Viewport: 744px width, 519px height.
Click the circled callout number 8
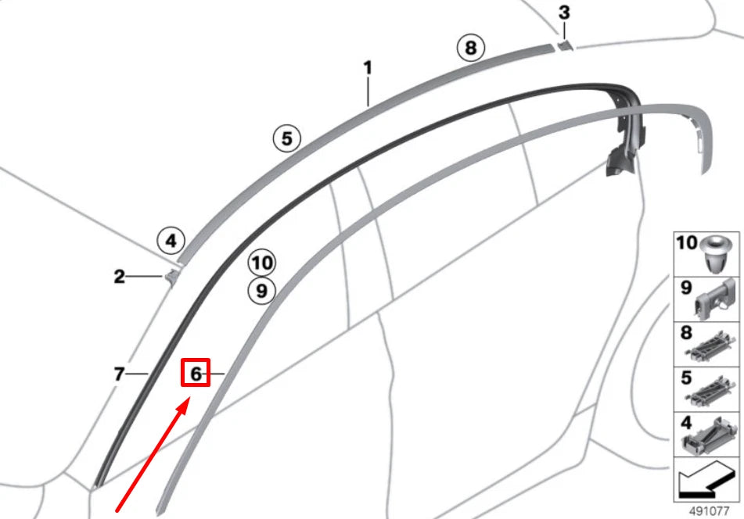coord(469,48)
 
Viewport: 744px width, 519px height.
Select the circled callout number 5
coord(286,139)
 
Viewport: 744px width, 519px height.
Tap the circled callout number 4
coord(171,240)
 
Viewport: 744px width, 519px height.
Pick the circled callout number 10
coord(262,262)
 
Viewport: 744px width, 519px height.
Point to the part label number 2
coord(119,277)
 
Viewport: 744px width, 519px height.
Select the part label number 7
coord(119,375)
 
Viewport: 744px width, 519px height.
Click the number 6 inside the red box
coord(196,374)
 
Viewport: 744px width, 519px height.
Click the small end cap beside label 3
coord(565,45)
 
